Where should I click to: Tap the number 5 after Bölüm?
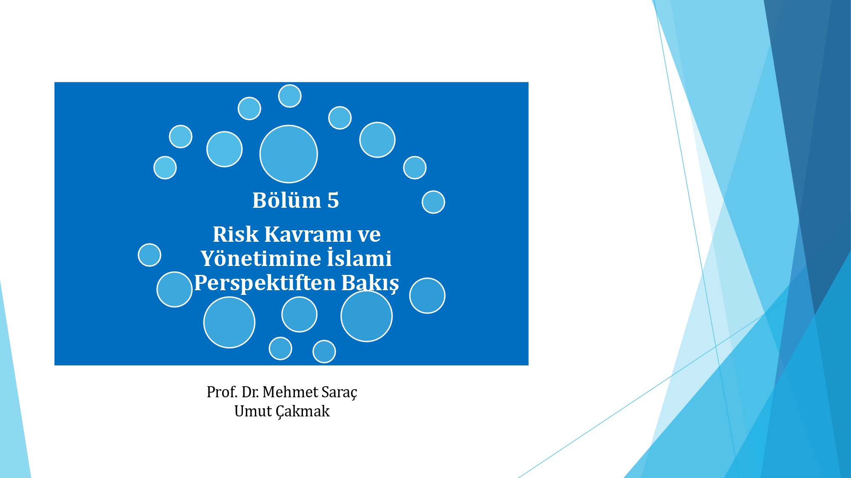coord(333,200)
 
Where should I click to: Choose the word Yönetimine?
coord(261,258)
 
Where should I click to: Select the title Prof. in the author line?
coord(222,392)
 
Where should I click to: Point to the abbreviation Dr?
coord(250,392)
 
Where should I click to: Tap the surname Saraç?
coord(340,393)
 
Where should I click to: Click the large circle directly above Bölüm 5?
coord(288,154)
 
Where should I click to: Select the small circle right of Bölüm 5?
coord(433,202)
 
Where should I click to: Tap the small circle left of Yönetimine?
coord(149,255)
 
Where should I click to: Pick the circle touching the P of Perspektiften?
coord(174,289)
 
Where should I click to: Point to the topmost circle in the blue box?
coord(290,96)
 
